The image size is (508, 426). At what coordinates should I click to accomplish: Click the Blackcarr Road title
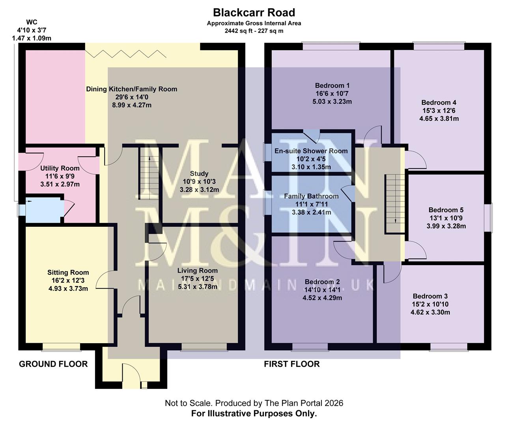coord(254,13)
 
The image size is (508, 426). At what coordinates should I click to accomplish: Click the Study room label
coord(199,174)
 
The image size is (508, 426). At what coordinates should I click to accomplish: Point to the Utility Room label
coord(60,168)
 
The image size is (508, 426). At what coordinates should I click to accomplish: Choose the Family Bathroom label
coord(311,196)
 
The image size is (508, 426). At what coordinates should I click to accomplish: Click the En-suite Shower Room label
coord(311,151)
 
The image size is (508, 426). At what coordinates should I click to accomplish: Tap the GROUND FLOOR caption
coord(53,364)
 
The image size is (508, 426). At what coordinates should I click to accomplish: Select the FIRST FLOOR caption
coord(291,364)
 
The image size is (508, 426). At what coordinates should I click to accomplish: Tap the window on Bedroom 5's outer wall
coord(489,218)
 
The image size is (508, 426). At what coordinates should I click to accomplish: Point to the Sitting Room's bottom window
coord(62,347)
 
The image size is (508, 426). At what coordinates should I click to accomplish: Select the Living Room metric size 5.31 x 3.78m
coord(197,287)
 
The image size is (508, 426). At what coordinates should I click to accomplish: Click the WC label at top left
coord(32,22)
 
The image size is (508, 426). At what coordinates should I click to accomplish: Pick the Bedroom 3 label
coord(430,296)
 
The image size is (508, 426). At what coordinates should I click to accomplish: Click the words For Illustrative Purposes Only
coord(254,414)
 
